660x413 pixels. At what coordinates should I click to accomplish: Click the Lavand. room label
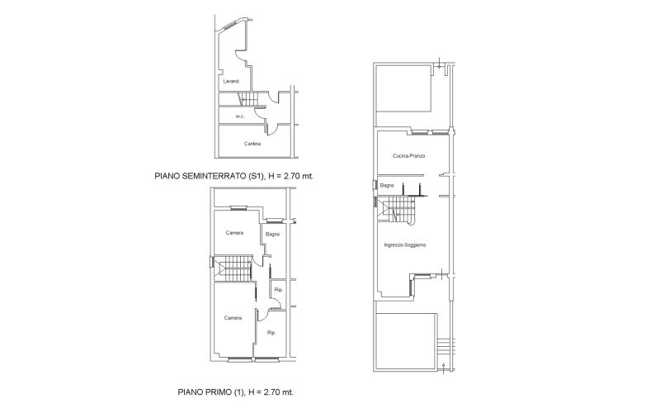tap(232, 81)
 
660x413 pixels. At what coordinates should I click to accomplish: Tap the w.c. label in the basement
tap(240, 116)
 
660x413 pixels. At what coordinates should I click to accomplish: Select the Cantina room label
tap(252, 144)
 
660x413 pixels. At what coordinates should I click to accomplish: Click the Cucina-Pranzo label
tap(408, 156)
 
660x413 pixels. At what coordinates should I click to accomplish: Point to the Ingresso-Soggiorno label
tap(405, 244)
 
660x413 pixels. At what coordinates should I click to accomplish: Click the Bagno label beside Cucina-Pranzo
tap(387, 185)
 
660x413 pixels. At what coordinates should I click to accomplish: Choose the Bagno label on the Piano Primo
tap(272, 235)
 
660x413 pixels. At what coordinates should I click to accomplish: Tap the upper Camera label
tap(234, 233)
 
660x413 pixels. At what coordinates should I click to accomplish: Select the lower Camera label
tap(233, 318)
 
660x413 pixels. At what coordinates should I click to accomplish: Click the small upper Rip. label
tap(278, 290)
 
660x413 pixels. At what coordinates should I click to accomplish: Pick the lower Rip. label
tap(271, 333)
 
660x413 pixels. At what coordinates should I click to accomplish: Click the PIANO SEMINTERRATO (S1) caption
tap(210, 176)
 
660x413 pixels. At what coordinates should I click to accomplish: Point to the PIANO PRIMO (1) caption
tap(211, 392)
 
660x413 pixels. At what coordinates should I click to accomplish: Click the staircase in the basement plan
tap(248, 99)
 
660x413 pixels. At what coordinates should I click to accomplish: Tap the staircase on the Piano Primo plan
tap(233, 268)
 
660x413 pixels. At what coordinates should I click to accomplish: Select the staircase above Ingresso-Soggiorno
tap(396, 210)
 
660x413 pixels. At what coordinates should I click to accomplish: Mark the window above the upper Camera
tap(238, 208)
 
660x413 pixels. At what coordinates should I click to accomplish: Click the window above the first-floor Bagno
tap(275, 221)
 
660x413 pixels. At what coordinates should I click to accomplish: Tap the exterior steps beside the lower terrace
tap(445, 347)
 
